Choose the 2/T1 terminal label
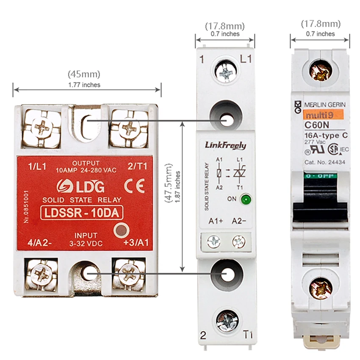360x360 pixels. pyautogui.click(x=138, y=166)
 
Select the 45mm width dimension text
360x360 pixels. pyautogui.click(x=84, y=74)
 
